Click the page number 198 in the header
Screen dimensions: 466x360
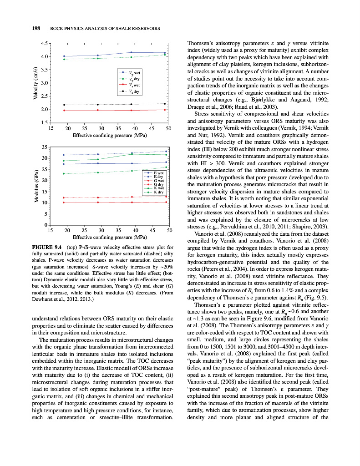(x=35, y=29)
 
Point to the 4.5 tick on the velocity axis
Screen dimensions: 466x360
(x=44, y=44)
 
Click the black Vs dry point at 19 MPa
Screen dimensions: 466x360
(x=64, y=105)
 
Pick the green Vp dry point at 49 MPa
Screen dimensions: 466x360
(x=165, y=55)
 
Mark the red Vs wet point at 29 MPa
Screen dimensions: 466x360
(x=98, y=110)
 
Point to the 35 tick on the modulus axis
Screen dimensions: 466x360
(x=44, y=147)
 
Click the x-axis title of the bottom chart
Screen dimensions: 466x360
(x=110, y=237)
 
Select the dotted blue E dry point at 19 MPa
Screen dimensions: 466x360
(x=64, y=155)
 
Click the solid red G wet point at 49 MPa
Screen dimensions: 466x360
(x=166, y=203)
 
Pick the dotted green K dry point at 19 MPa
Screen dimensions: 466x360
(x=64, y=174)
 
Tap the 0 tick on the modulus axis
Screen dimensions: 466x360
(x=46, y=225)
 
